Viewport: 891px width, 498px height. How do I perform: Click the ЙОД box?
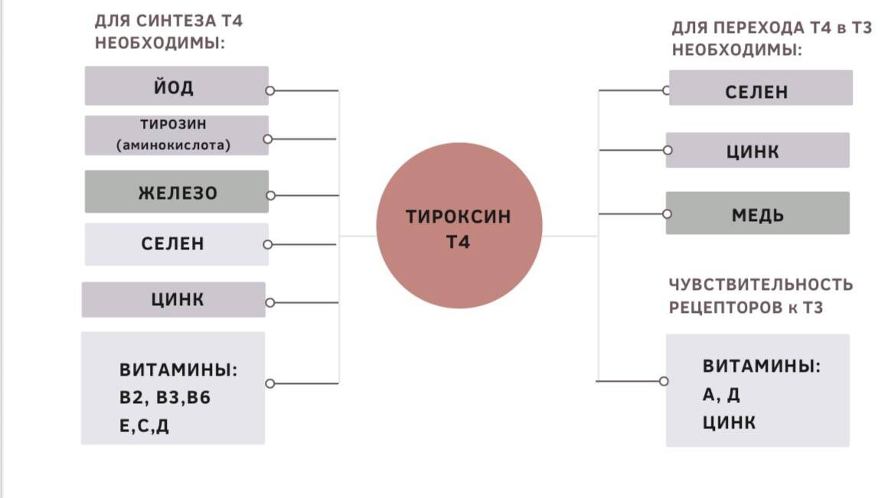pyautogui.click(x=177, y=86)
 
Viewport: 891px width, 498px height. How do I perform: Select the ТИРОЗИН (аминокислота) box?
pyautogui.click(x=177, y=135)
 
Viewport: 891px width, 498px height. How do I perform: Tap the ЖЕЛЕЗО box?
pyautogui.click(x=177, y=193)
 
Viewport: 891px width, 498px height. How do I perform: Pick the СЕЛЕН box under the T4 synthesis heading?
pyautogui.click(x=177, y=244)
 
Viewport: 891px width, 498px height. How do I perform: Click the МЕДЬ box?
pyautogui.click(x=758, y=213)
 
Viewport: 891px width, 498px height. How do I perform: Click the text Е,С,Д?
pyautogui.click(x=144, y=426)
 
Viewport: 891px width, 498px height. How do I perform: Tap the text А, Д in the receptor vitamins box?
pyautogui.click(x=721, y=395)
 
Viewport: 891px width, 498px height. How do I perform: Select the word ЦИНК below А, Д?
pyautogui.click(x=729, y=422)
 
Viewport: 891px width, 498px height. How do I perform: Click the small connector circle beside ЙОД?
pyautogui.click(x=269, y=90)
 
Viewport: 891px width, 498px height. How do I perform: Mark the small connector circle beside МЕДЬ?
pyautogui.click(x=668, y=213)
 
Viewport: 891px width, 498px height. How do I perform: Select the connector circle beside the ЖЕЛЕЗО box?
pyautogui.click(x=270, y=196)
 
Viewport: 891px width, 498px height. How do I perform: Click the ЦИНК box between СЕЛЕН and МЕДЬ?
pyautogui.click(x=757, y=151)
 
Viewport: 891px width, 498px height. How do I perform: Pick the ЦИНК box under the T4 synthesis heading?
pyautogui.click(x=174, y=299)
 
